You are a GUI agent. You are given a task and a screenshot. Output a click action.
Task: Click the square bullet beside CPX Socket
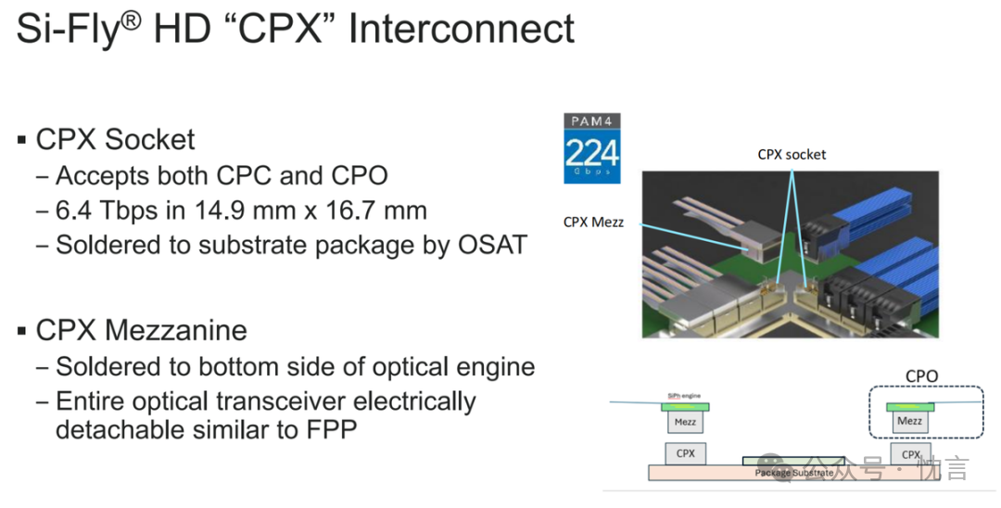pos(21,140)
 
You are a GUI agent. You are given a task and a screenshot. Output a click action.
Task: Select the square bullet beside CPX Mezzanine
pos(21,331)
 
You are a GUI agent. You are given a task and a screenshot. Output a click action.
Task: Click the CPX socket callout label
pos(792,155)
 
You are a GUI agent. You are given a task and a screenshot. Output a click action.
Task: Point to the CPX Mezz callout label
pos(592,222)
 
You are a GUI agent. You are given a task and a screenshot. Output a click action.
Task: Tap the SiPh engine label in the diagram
pos(683,396)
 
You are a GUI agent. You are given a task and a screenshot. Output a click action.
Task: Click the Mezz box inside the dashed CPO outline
pos(910,422)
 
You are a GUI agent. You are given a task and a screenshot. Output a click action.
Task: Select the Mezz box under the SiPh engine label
pos(685,423)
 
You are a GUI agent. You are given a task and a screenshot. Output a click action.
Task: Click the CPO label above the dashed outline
pos(921,376)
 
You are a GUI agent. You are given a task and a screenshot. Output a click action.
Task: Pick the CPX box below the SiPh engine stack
pos(686,454)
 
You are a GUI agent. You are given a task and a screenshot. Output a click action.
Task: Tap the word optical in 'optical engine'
pos(412,367)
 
